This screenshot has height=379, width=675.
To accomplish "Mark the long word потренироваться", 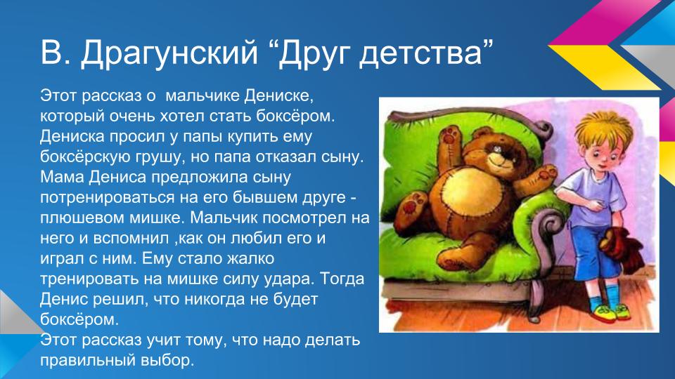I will coord(114,197).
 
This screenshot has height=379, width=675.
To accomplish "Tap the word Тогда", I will coord(342,279).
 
